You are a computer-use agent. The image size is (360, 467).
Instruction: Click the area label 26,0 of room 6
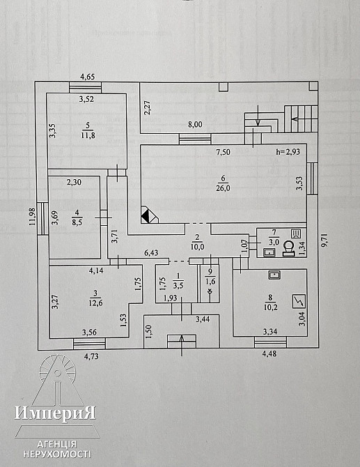pos(223,188)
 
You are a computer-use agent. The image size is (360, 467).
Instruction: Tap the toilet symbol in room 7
pos(288,249)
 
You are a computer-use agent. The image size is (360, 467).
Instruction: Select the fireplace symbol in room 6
pos(150,215)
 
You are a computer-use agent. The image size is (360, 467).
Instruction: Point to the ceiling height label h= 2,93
pos(288,151)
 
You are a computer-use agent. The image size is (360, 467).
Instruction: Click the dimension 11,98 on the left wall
pos(33,217)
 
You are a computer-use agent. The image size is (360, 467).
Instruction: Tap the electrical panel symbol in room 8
pos(299,301)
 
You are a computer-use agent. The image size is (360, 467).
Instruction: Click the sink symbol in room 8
pos(274,275)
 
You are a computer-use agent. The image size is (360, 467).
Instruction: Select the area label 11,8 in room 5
pos(88,135)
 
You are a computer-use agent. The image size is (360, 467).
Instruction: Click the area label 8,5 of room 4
pos(77,222)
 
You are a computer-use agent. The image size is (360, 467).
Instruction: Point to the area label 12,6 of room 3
pos(95,303)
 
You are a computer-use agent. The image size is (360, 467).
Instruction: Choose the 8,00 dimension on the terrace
pos(195,125)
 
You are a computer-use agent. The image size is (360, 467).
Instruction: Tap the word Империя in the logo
pos(55,413)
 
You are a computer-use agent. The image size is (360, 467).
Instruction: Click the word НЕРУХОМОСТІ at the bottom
pos(57,454)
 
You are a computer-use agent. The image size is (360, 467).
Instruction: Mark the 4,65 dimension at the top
pos(88,77)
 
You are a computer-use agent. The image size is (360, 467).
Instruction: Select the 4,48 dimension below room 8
pos(269,353)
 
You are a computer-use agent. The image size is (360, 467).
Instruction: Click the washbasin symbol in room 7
pos(269,252)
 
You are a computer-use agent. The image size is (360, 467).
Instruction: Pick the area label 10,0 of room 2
pos(198,247)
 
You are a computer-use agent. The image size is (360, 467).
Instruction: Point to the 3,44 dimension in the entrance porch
pos(203,319)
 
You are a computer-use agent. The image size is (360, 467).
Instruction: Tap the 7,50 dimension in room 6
pos(223,152)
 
